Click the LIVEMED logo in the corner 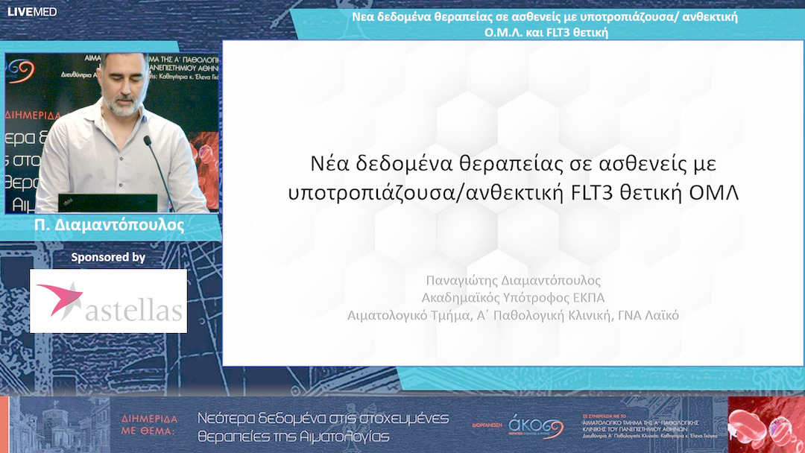[x=32, y=11]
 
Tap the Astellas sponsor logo [x=108, y=300]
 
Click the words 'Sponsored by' [x=108, y=258]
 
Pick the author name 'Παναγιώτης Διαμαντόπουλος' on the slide [x=513, y=281]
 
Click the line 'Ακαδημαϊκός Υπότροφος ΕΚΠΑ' [x=513, y=298]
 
